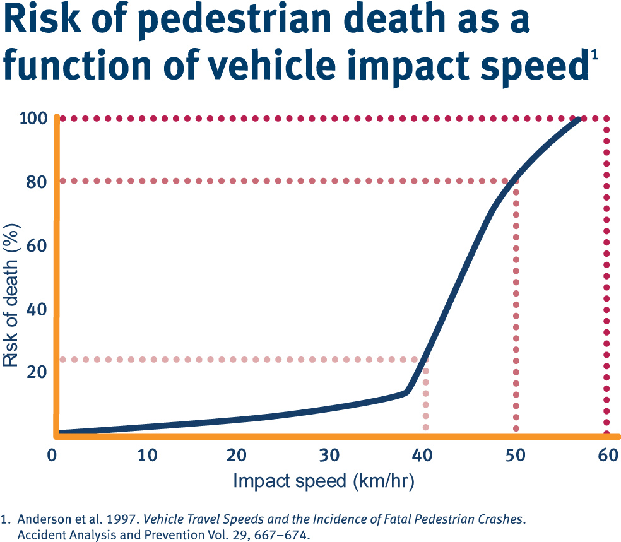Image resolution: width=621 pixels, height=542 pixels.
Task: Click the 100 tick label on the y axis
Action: tap(33, 118)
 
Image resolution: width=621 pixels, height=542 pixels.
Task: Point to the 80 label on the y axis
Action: tap(37, 182)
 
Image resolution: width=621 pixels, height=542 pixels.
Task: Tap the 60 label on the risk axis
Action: tap(37, 246)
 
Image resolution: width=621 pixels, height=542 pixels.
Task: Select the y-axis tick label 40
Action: tap(37, 309)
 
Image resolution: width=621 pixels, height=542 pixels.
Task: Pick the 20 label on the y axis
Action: tap(37, 372)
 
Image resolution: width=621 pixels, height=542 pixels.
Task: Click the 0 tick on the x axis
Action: tap(52, 456)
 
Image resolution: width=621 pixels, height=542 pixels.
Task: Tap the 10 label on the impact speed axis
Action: tap(148, 456)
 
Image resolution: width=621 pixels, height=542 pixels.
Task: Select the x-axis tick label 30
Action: tap(329, 456)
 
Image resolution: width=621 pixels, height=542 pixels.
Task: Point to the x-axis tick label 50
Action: tap(515, 456)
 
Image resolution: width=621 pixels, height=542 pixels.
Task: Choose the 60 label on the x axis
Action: tap(608, 456)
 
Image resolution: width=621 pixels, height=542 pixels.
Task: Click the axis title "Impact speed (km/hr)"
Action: tap(324, 481)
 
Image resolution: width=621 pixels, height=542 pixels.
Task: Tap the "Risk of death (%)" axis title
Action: tap(11, 295)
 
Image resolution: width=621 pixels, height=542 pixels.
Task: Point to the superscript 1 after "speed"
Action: tap(594, 54)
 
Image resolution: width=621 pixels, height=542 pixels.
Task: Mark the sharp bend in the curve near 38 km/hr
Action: tap(406, 392)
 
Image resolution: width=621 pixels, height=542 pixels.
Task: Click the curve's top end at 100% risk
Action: tap(579, 119)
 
